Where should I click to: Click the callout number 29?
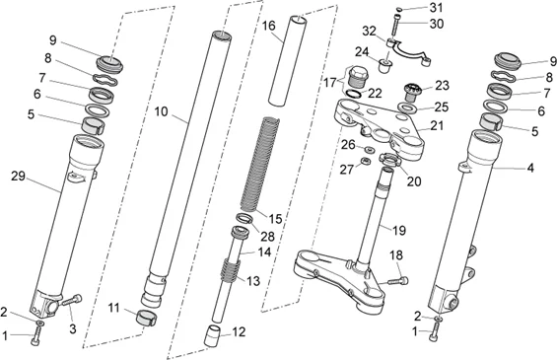pyautogui.click(x=18, y=176)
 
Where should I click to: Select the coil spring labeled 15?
pyautogui.click(x=259, y=165)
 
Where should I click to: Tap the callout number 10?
pyautogui.click(x=161, y=111)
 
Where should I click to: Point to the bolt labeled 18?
pyautogui.click(x=398, y=281)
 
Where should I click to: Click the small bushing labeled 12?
pyautogui.click(x=212, y=335)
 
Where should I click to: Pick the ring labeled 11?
pyautogui.click(x=147, y=318)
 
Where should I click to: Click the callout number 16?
pyautogui.click(x=269, y=26)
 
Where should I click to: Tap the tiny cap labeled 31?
pyautogui.click(x=398, y=9)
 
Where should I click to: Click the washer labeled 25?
pyautogui.click(x=407, y=107)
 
